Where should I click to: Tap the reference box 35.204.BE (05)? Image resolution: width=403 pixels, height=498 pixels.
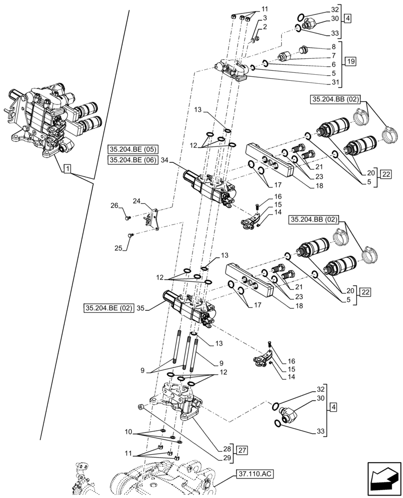click(x=133, y=149)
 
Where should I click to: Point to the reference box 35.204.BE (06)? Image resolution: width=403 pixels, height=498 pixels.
click(x=133, y=160)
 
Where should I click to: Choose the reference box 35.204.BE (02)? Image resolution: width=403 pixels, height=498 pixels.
click(x=109, y=308)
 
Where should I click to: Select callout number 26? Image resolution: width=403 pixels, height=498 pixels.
click(x=114, y=205)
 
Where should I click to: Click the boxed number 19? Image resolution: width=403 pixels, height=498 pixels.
click(x=350, y=62)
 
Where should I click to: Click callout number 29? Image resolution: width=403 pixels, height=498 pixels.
click(x=226, y=457)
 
